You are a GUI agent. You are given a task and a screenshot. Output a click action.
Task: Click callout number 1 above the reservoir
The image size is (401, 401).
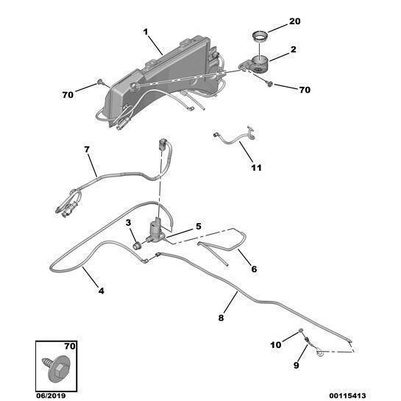click(146, 32)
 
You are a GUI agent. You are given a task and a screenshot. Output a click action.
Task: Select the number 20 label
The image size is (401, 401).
click(294, 21)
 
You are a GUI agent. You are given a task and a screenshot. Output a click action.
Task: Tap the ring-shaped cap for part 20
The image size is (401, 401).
click(260, 37)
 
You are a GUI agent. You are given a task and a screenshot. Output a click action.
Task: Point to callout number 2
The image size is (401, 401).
click(293, 49)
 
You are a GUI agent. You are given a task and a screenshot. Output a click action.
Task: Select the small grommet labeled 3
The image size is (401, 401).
click(137, 246)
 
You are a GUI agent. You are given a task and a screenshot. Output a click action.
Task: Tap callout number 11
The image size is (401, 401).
click(257, 168)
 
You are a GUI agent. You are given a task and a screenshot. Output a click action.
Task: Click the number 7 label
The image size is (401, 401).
click(87, 149)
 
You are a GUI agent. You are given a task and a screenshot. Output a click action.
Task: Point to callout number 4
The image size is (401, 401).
click(102, 291)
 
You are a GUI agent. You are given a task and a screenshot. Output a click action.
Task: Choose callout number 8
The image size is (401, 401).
click(221, 318)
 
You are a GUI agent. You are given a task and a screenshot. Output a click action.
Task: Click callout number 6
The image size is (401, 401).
click(254, 269)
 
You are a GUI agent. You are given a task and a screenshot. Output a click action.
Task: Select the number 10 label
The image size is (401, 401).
click(276, 345)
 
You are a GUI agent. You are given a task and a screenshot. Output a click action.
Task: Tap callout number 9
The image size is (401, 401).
click(296, 365)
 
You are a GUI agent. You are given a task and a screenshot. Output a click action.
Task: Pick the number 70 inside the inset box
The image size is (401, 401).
click(70, 347)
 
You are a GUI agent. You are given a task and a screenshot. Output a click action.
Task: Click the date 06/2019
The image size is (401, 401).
click(51, 396)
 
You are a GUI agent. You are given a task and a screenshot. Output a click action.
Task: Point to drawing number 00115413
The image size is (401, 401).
click(347, 396)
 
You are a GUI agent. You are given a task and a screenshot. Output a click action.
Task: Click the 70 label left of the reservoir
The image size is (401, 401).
click(68, 95)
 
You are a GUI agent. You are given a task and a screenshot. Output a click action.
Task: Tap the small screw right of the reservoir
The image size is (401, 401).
click(269, 83)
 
